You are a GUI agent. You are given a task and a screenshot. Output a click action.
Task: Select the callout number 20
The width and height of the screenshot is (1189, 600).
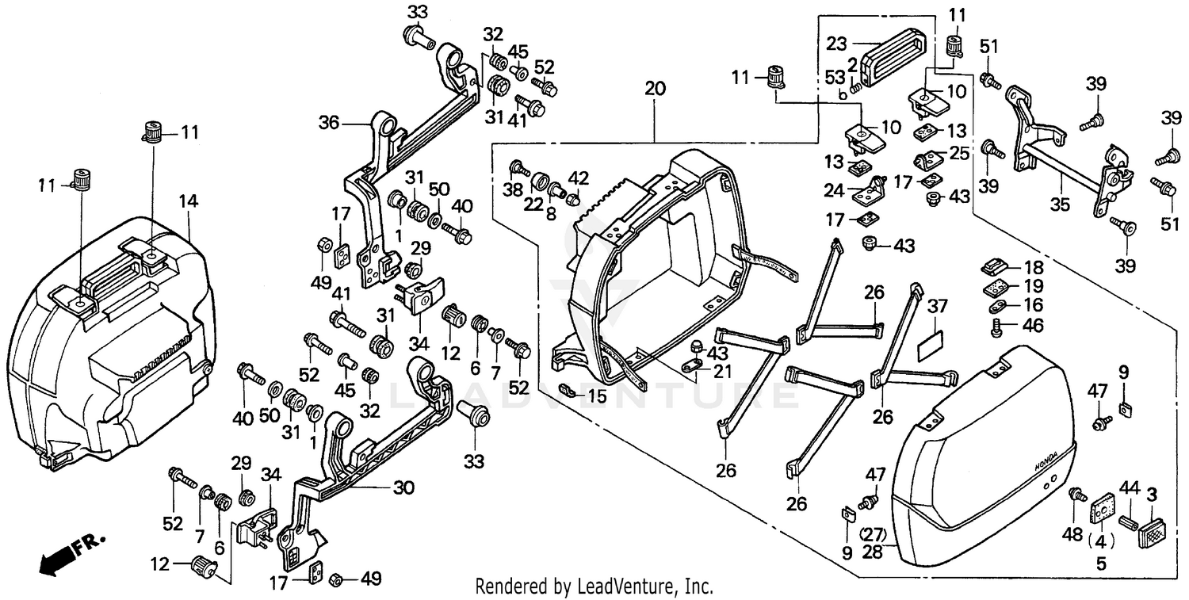pyautogui.click(x=655, y=89)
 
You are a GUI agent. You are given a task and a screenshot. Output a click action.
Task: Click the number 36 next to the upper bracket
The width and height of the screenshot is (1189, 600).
pyautogui.click(x=330, y=123)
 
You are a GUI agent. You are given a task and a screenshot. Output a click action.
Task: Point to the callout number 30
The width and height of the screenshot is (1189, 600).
pyautogui.click(x=403, y=488)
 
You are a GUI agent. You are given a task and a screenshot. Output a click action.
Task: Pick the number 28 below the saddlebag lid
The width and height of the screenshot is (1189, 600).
pyautogui.click(x=872, y=551)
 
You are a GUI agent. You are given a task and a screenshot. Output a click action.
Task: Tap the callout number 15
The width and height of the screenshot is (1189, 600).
pyautogui.click(x=597, y=393)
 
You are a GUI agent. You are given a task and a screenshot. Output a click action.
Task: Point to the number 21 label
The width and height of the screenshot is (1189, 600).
pyautogui.click(x=721, y=373)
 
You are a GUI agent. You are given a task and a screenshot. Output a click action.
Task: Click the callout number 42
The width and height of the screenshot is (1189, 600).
pyautogui.click(x=579, y=177)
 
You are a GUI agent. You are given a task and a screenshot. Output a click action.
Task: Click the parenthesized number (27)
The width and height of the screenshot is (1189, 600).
pyautogui.click(x=872, y=533)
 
